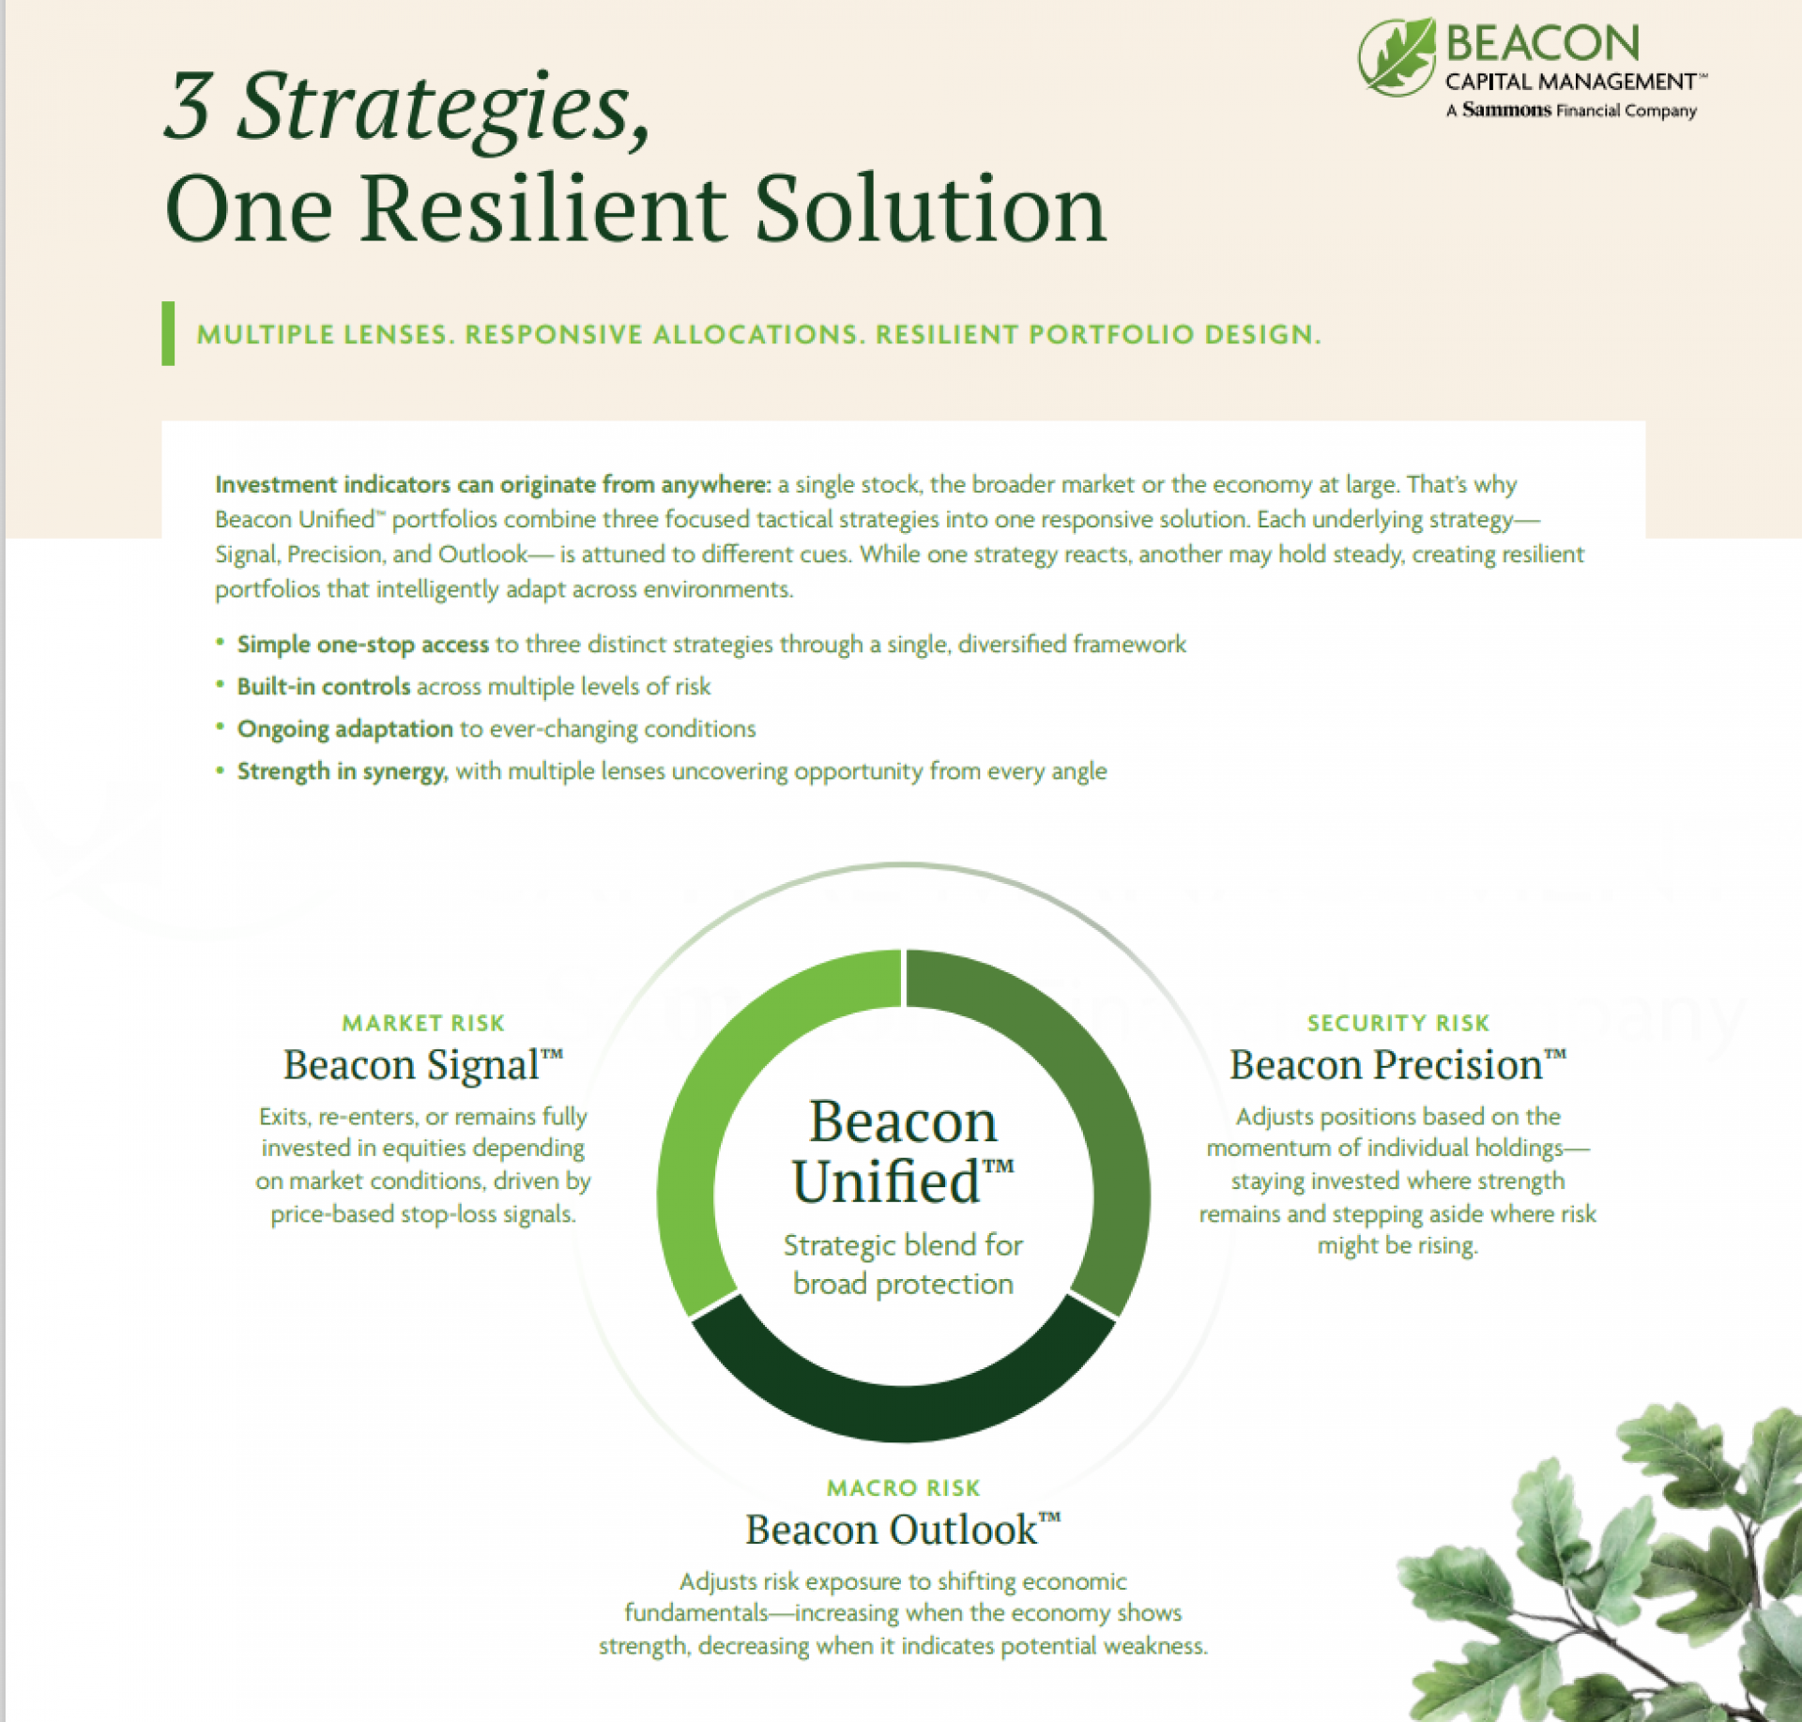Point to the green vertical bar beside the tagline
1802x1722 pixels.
[x=168, y=333]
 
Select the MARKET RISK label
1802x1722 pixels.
[x=423, y=1023]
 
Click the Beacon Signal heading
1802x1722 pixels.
[x=423, y=1065]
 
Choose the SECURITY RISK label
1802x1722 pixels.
[x=1398, y=1023]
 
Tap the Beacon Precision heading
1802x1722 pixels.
[x=1398, y=1065]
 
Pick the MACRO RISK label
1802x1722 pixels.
[x=903, y=1487]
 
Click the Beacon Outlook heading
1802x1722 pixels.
[x=903, y=1530]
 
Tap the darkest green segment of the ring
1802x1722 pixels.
[x=903, y=1412]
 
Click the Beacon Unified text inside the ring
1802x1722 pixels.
[x=903, y=1151]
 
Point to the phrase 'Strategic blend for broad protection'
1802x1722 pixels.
[x=903, y=1264]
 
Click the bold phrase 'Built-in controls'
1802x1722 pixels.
[x=324, y=686]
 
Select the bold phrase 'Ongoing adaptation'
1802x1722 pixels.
[x=345, y=729]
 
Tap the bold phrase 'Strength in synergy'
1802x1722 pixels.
[x=342, y=771]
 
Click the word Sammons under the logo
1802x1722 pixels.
[x=1506, y=110]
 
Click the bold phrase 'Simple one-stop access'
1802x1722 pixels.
[x=363, y=645]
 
